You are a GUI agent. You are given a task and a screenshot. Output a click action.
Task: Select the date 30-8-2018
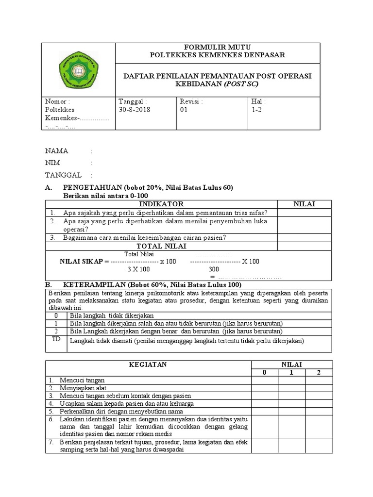click(x=135, y=110)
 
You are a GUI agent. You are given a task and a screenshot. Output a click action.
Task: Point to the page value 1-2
click(x=255, y=110)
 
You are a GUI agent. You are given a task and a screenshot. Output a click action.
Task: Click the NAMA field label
click(x=57, y=151)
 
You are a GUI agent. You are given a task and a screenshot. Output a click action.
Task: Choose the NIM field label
click(x=53, y=163)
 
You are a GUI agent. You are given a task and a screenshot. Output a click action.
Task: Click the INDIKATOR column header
click(x=161, y=204)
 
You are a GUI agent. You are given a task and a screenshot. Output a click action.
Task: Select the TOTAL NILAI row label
click(x=161, y=246)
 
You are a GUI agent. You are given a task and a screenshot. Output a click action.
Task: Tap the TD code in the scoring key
click(x=56, y=340)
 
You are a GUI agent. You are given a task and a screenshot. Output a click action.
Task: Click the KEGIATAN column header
click(x=148, y=364)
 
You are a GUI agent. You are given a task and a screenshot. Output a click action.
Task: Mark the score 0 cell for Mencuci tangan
click(x=264, y=380)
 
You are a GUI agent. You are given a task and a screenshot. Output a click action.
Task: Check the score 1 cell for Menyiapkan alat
click(x=291, y=388)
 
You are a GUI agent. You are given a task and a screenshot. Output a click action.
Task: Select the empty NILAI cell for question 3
click(x=304, y=237)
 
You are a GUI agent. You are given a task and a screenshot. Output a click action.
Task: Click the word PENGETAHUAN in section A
click(x=92, y=188)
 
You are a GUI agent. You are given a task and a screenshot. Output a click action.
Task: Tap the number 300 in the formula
click(x=214, y=269)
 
